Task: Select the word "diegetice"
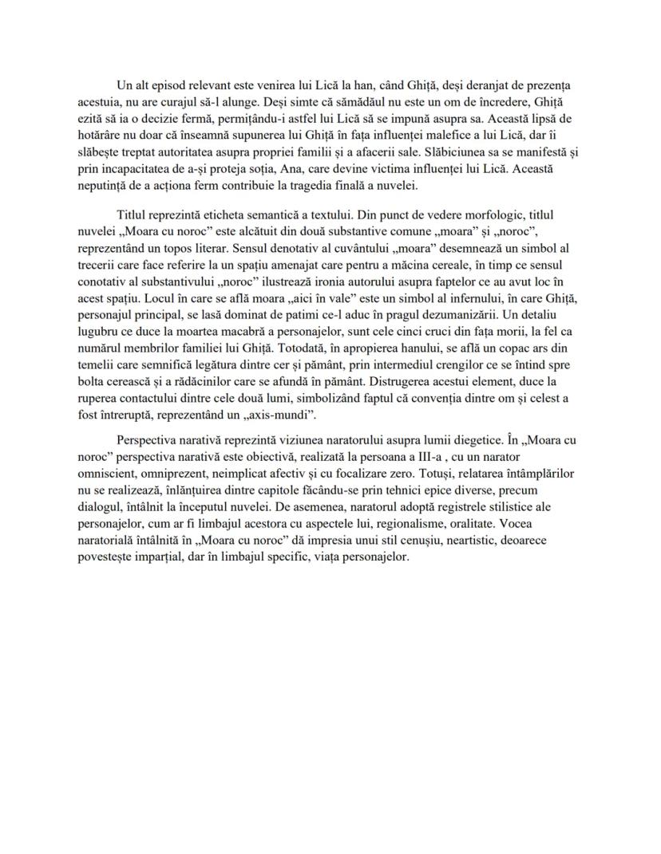[462, 439]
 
